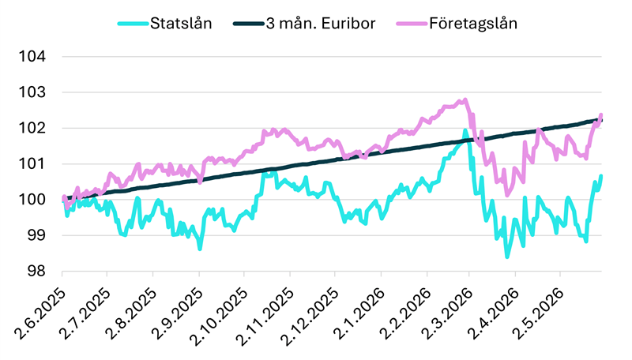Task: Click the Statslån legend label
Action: (x=181, y=24)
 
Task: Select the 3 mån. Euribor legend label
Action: (x=321, y=24)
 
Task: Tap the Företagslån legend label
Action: (x=473, y=24)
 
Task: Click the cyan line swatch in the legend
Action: (x=133, y=24)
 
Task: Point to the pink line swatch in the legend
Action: (x=412, y=24)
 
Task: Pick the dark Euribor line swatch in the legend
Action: (x=248, y=24)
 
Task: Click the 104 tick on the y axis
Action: (x=32, y=56)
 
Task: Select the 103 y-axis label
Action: (x=32, y=92)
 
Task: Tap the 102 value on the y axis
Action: (x=32, y=128)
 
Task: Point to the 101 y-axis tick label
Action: (x=32, y=164)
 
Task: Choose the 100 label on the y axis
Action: (x=32, y=200)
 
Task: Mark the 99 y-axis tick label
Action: (x=36, y=235)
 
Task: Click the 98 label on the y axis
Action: (x=36, y=272)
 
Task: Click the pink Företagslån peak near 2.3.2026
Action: (x=465, y=99)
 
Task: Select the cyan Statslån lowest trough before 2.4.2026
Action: (x=507, y=257)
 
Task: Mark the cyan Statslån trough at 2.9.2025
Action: (x=200, y=249)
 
